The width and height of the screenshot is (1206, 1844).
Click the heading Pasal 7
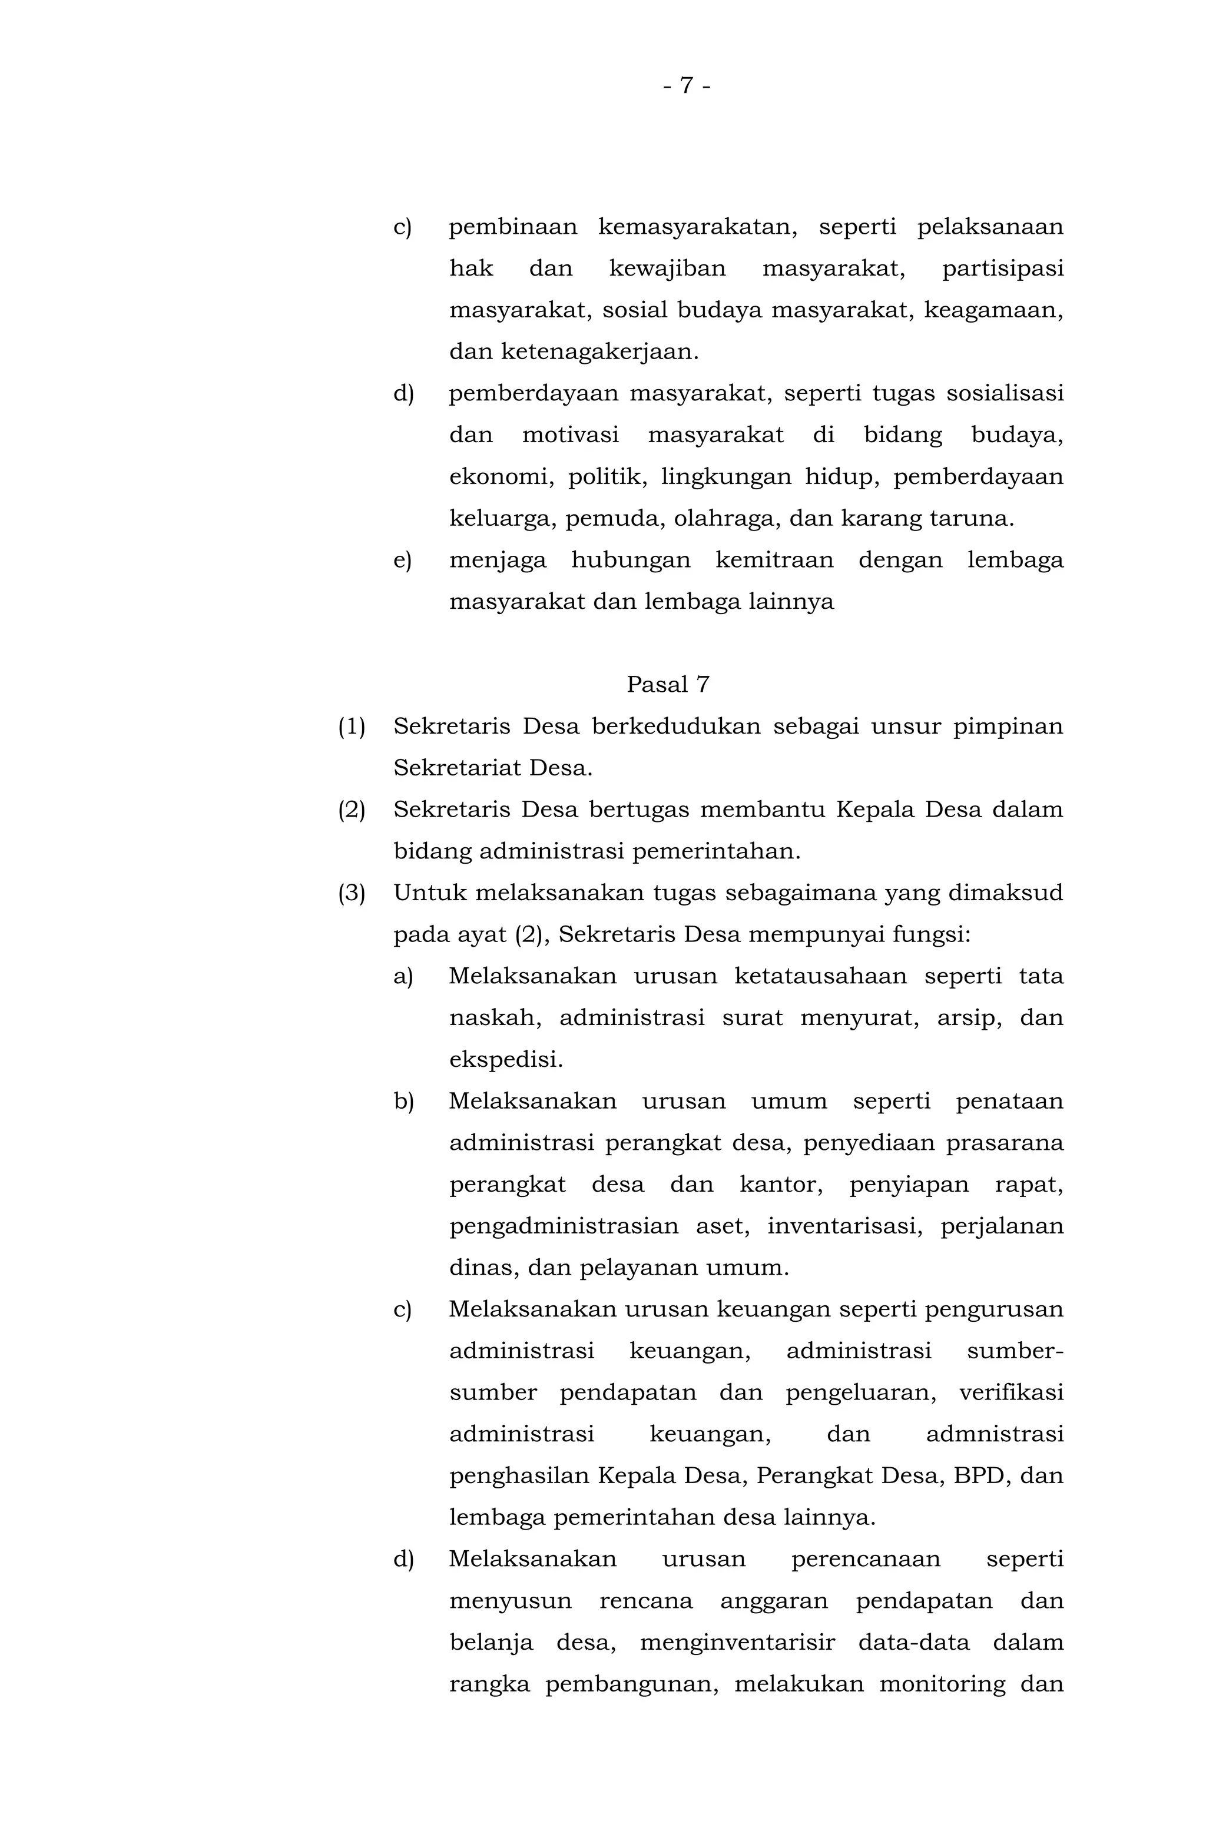point(667,685)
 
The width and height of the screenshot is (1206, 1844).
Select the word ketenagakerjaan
point(599,351)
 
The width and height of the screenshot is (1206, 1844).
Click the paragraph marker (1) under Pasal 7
point(352,727)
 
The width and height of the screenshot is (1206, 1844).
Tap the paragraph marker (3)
point(352,893)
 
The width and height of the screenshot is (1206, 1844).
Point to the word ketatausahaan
point(820,976)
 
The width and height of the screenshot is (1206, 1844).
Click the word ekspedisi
point(505,1060)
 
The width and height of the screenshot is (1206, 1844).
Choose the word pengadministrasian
point(564,1226)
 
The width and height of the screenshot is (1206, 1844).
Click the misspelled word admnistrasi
point(995,1435)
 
